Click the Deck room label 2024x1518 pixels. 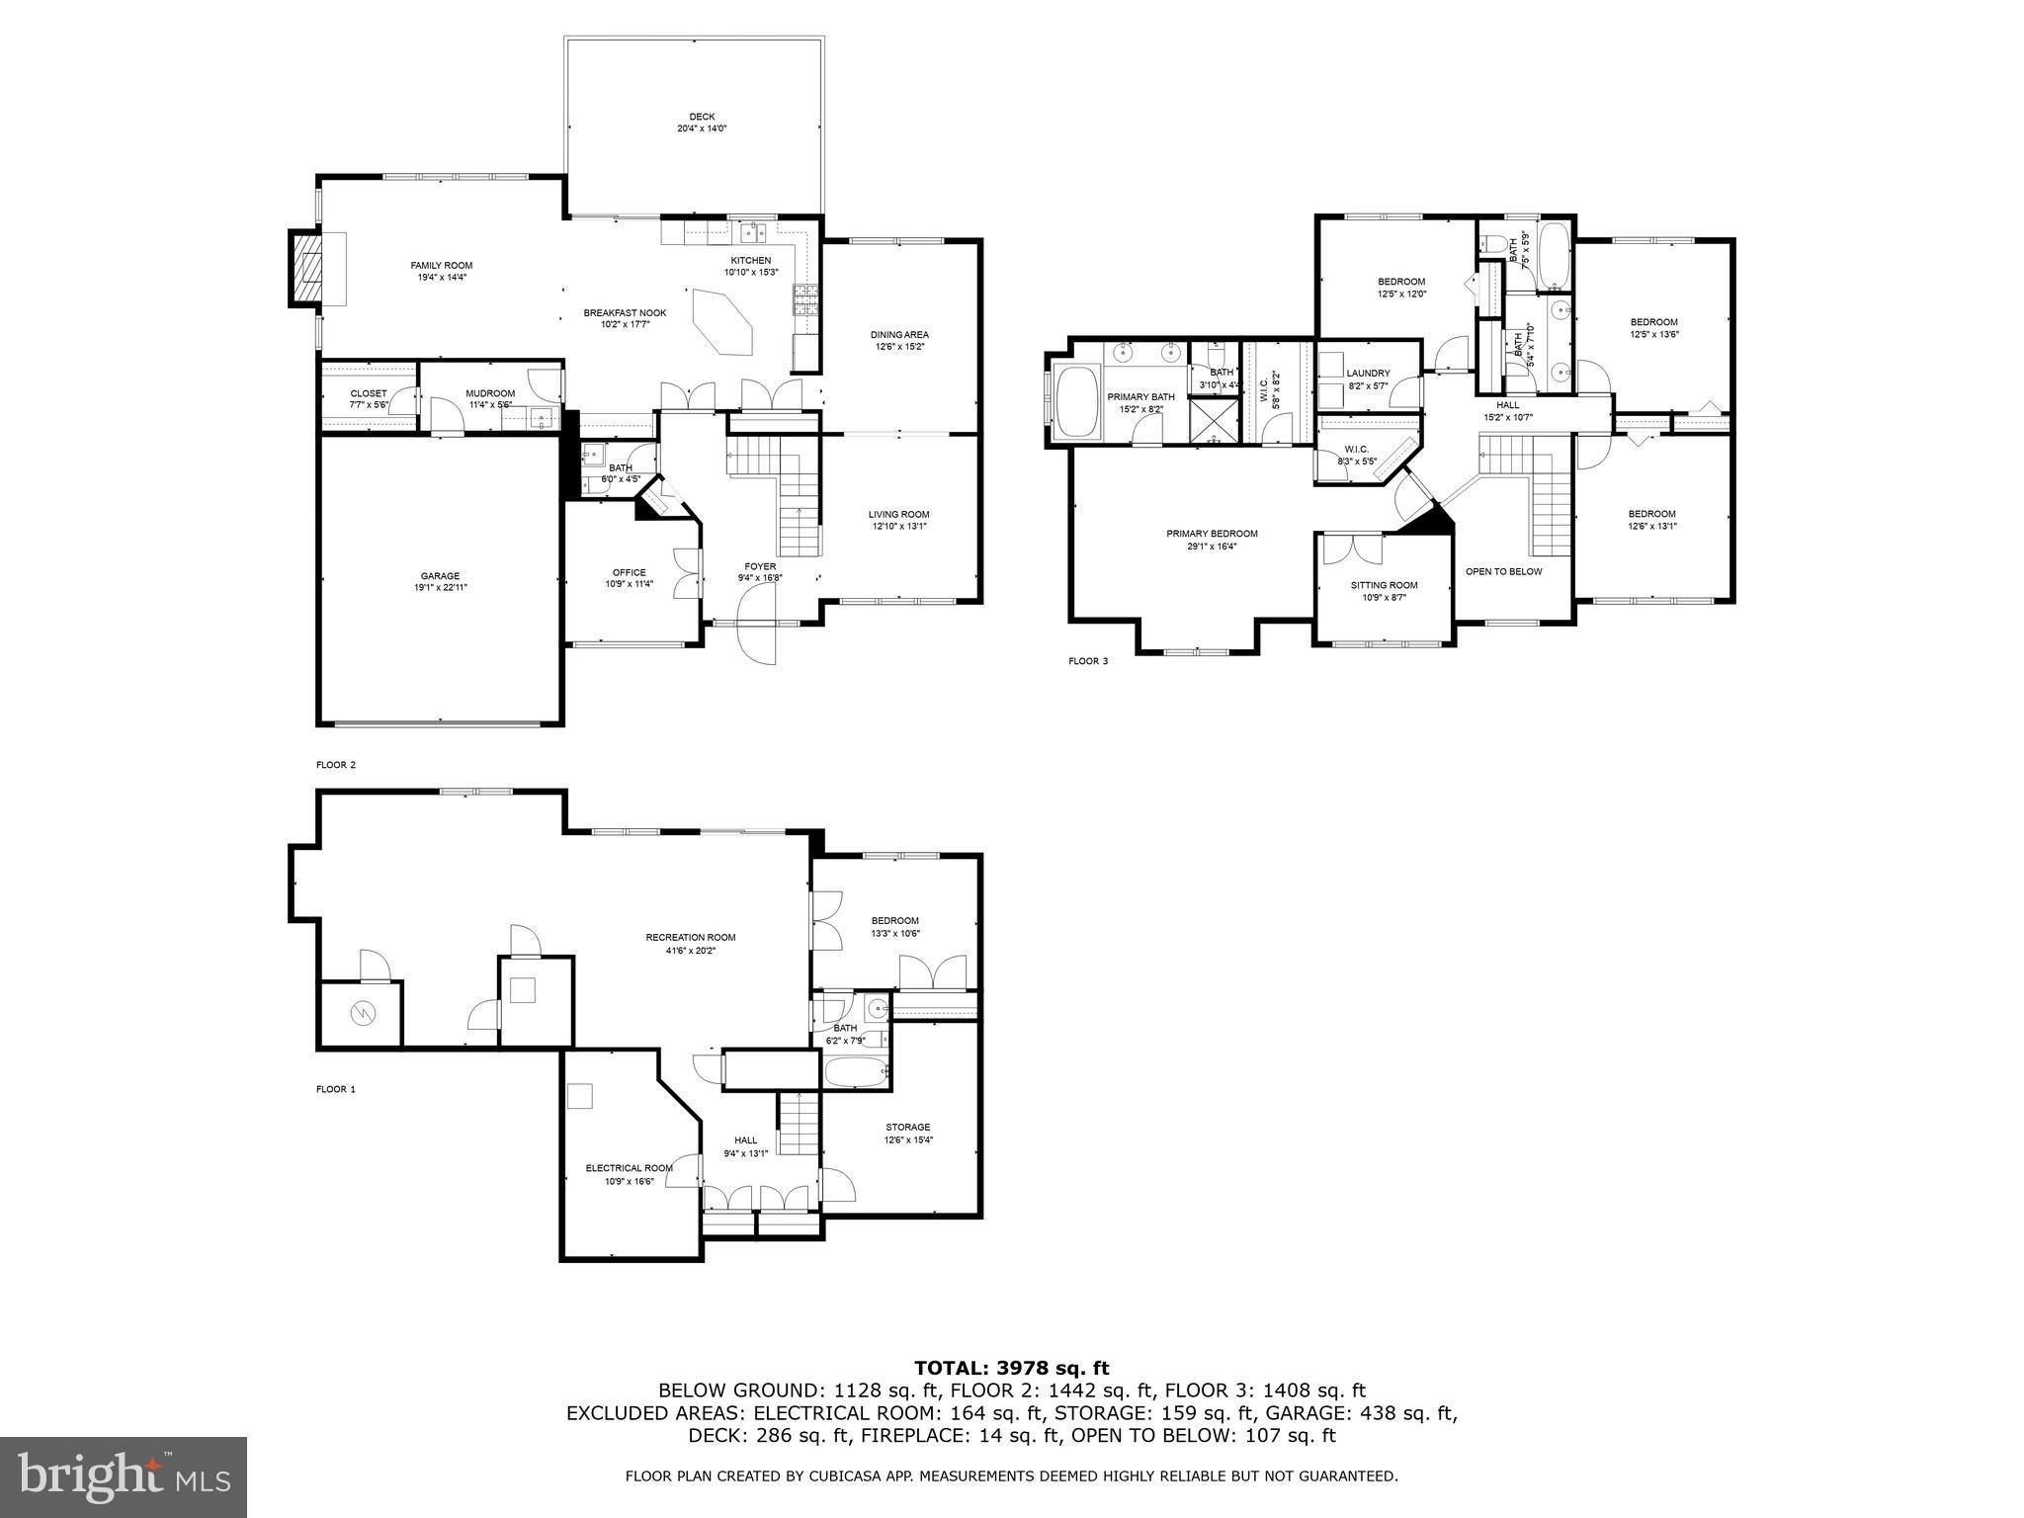[702, 117]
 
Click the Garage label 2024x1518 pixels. [440, 576]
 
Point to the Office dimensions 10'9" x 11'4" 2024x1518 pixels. [629, 584]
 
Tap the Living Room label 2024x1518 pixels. [898, 514]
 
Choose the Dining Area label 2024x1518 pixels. [898, 334]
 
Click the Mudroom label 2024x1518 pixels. [490, 393]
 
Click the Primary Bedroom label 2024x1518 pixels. [1212, 534]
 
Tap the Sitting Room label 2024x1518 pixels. [1384, 585]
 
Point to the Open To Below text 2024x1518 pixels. [1503, 571]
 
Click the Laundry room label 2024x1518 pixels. [1368, 373]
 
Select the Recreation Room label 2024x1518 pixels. [690, 937]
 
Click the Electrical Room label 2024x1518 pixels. [629, 1168]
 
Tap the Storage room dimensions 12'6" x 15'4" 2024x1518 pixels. [907, 1139]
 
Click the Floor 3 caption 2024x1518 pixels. [1088, 661]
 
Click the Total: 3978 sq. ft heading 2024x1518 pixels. [1011, 1368]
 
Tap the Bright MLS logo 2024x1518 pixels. [123, 1477]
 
